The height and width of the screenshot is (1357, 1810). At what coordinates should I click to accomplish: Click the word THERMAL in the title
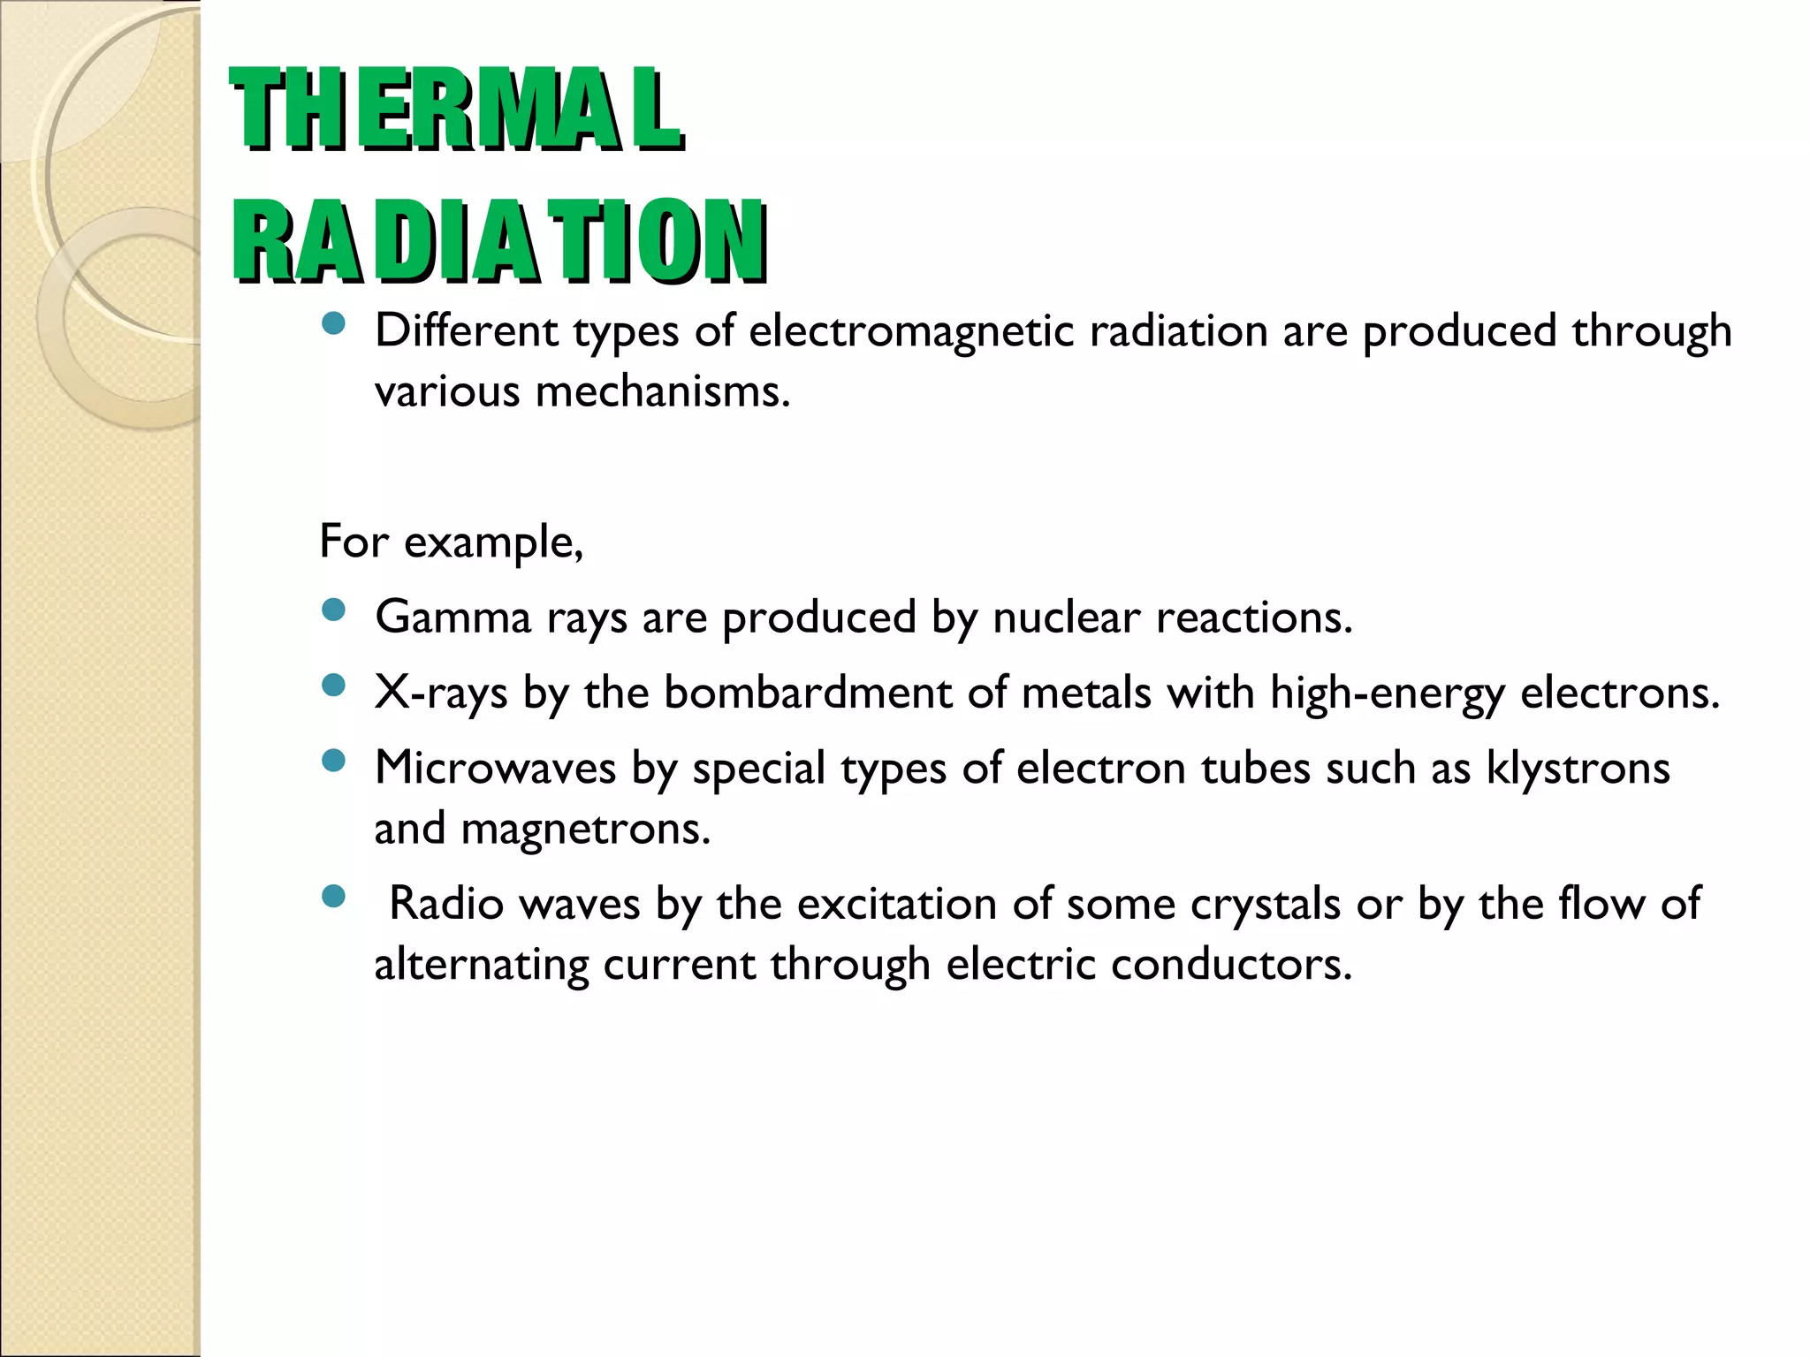pyautogui.click(x=456, y=110)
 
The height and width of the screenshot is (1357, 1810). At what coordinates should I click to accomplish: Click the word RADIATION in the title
pyautogui.click(x=499, y=241)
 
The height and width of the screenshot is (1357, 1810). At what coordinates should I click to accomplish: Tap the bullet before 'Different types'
pyautogui.click(x=333, y=324)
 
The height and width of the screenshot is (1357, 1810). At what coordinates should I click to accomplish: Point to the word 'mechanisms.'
pyautogui.click(x=663, y=391)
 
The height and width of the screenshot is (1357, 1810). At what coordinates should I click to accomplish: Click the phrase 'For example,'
pyautogui.click(x=451, y=542)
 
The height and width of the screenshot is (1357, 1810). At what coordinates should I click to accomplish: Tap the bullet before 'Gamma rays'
pyautogui.click(x=333, y=610)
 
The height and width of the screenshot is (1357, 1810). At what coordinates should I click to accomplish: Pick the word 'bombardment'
pyautogui.click(x=808, y=693)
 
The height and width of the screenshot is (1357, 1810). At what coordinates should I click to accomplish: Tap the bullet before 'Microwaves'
pyautogui.click(x=333, y=761)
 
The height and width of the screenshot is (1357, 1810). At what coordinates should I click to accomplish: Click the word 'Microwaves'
pyautogui.click(x=495, y=768)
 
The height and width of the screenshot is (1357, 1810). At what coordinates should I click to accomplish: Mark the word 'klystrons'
pyautogui.click(x=1578, y=768)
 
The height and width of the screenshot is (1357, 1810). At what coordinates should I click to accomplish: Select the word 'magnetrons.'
pyautogui.click(x=585, y=829)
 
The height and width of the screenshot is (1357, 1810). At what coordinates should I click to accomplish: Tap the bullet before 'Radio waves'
pyautogui.click(x=333, y=898)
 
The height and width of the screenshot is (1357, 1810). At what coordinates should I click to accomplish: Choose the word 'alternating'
pyautogui.click(x=481, y=965)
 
